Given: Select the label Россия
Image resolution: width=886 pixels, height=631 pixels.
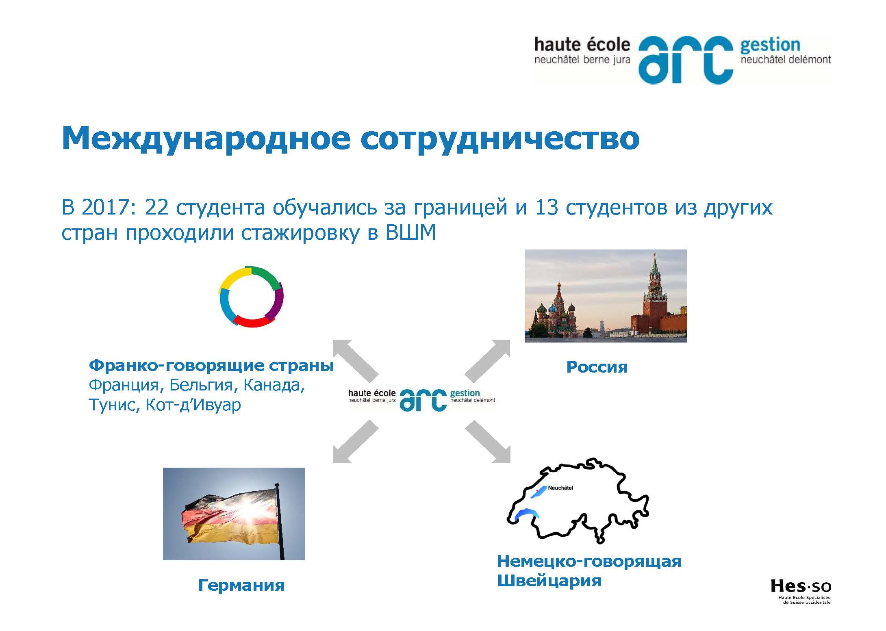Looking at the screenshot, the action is click(597, 367).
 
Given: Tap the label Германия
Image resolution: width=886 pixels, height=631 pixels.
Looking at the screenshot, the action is click(241, 585).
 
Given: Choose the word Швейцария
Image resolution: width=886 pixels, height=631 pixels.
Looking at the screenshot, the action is click(549, 581).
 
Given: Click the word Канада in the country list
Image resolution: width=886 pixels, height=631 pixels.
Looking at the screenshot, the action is click(274, 385).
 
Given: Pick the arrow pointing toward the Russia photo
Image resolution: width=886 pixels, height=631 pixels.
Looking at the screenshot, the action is click(487, 361).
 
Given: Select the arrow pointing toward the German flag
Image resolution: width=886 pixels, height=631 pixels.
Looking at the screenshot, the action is click(356, 442).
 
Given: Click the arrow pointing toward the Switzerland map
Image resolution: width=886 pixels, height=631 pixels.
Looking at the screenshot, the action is click(488, 442).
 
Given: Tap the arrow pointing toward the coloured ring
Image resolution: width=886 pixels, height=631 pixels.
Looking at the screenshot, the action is click(356, 361).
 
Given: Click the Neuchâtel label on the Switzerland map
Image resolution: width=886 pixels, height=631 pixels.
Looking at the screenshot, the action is click(560, 488).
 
